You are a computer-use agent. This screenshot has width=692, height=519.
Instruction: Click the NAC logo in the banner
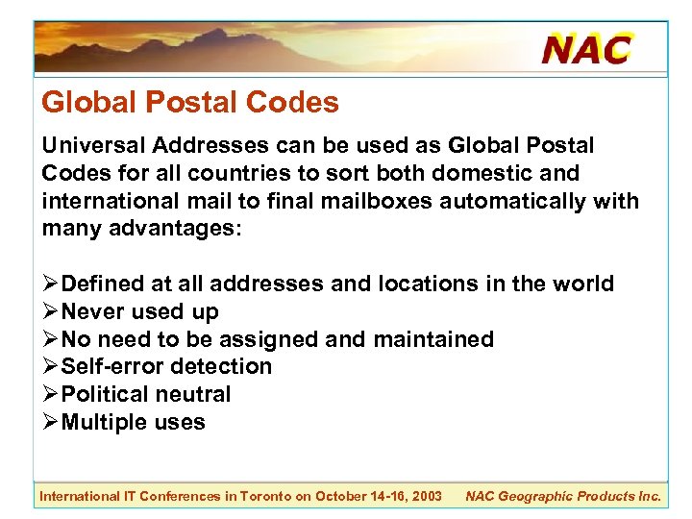click(586, 48)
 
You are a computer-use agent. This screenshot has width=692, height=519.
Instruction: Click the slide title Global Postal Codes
click(189, 103)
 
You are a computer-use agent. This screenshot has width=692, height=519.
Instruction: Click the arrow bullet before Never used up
click(50, 312)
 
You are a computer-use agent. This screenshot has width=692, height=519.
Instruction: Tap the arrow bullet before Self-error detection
click(50, 367)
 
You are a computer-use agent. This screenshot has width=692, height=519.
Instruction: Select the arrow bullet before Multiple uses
click(50, 423)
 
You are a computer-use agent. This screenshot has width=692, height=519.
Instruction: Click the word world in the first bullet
click(582, 284)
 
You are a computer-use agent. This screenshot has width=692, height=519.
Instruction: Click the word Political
click(105, 395)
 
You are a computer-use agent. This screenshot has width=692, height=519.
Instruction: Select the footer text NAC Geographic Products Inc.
click(562, 497)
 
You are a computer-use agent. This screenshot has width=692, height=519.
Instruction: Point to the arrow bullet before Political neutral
click(50, 395)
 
